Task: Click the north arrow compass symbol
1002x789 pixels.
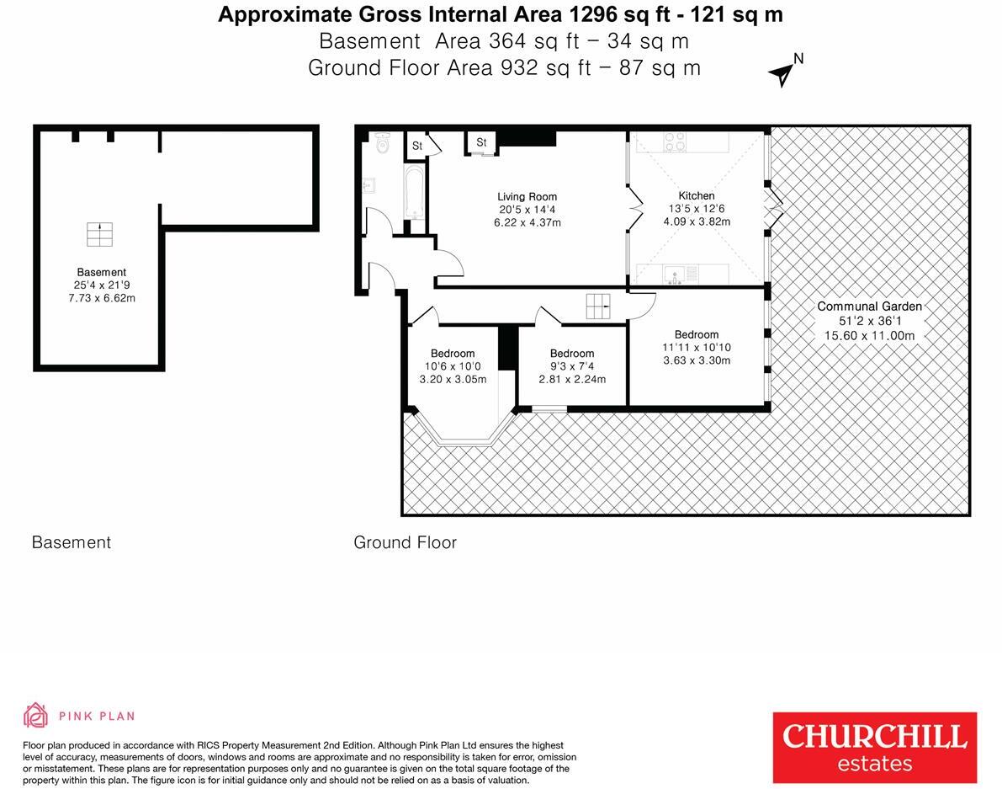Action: [x=782, y=73]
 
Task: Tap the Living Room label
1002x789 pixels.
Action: [x=527, y=197]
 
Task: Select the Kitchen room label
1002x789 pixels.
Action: [x=697, y=196]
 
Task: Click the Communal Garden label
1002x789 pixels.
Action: [x=869, y=307]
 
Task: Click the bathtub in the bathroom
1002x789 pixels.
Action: [x=413, y=194]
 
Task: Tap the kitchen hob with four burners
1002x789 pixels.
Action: [x=674, y=141]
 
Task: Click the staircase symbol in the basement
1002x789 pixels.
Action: [x=99, y=235]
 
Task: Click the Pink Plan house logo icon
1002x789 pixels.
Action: [x=35, y=716]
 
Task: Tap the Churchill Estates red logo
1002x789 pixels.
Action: [x=875, y=747]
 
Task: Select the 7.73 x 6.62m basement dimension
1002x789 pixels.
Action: [x=101, y=298]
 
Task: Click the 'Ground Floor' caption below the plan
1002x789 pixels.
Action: [x=405, y=542]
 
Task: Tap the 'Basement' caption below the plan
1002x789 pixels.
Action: [x=72, y=542]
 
